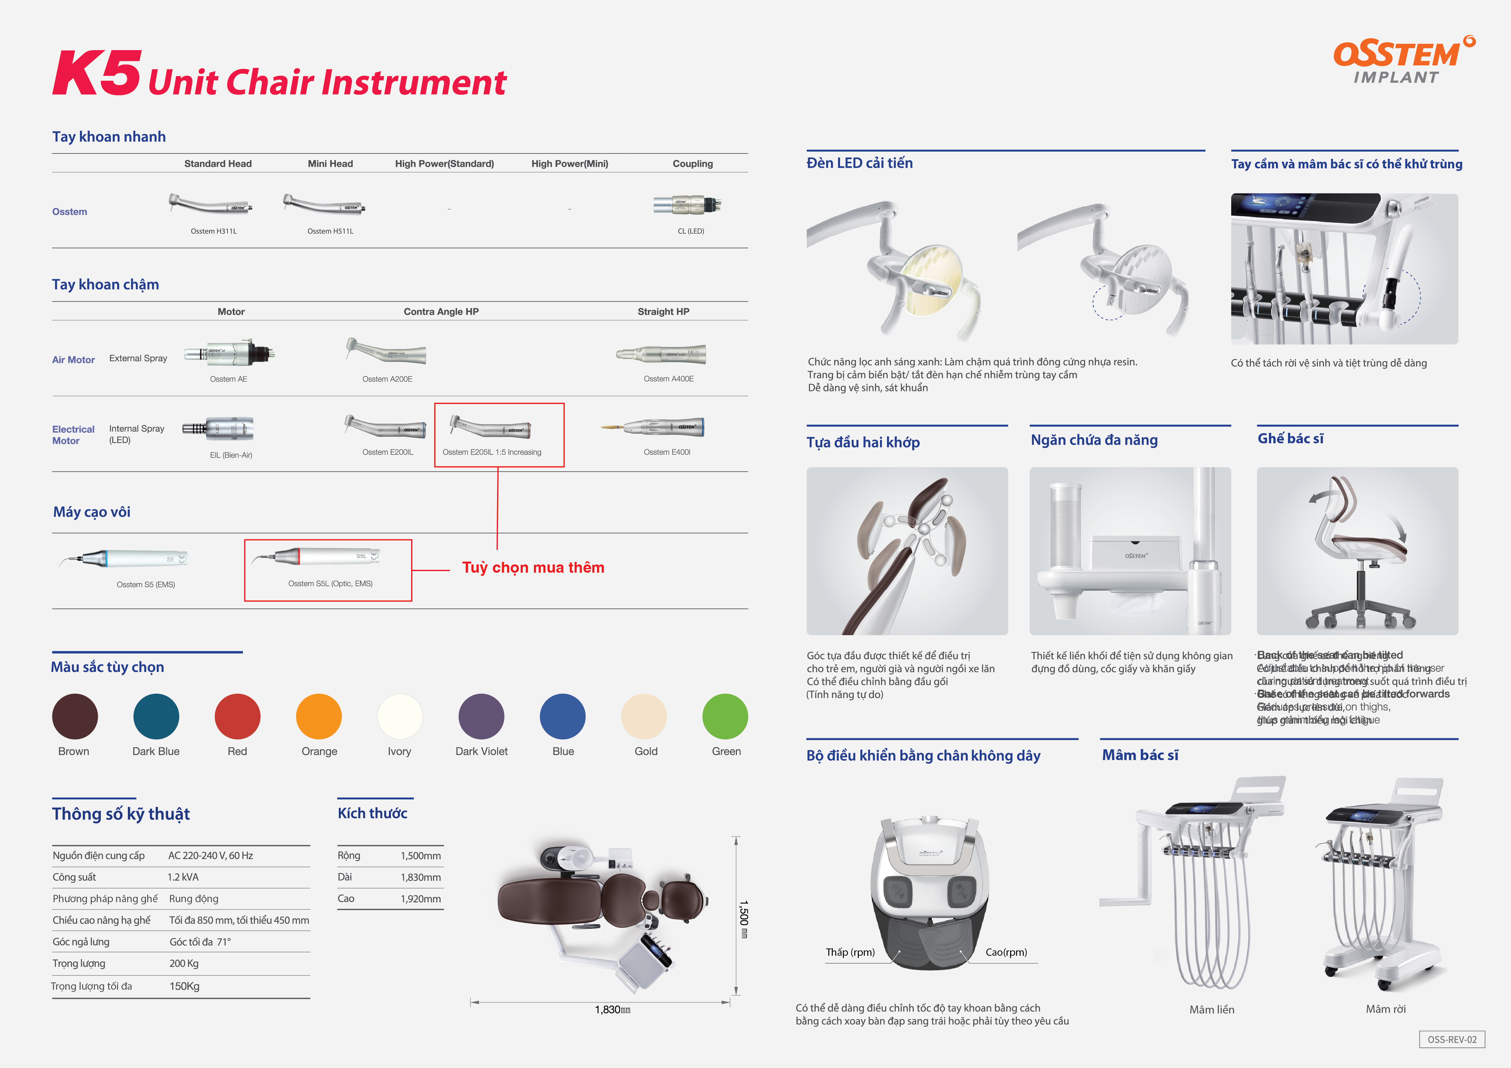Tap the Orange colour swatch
(x=319, y=716)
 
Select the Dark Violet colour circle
(x=481, y=716)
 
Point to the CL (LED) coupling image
(x=688, y=205)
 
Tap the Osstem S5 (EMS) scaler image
(x=125, y=559)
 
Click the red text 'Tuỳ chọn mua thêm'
(x=533, y=568)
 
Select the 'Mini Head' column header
(x=330, y=164)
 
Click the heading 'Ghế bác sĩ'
(x=1290, y=439)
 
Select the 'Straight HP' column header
(x=663, y=312)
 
